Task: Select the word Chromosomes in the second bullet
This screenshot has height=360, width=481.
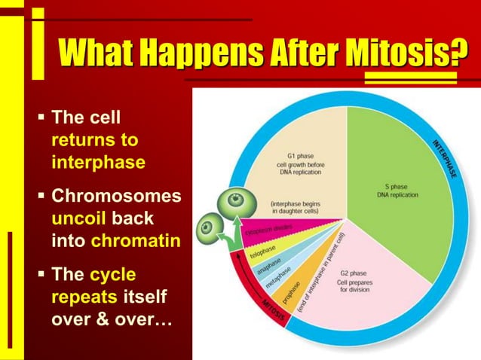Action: click(x=115, y=197)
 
